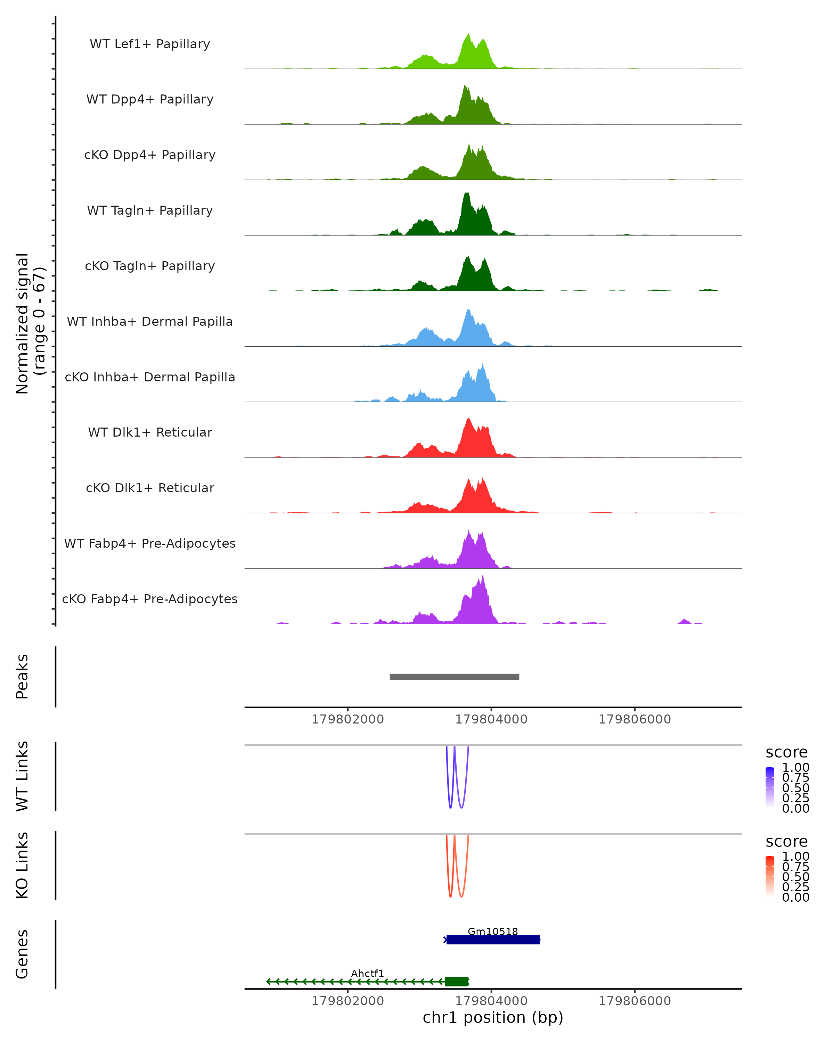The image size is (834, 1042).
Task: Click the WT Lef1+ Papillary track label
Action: (x=150, y=44)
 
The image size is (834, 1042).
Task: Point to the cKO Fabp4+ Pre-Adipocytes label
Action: (x=150, y=599)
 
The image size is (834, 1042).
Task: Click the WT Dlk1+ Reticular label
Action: (x=150, y=432)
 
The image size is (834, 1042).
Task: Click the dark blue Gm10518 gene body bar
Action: (x=493, y=940)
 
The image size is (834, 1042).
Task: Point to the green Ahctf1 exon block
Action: (x=456, y=982)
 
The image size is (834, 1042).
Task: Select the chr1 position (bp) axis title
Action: (x=493, y=1017)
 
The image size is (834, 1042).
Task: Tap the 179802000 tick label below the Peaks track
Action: (x=347, y=719)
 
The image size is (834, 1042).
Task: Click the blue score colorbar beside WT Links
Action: (x=770, y=787)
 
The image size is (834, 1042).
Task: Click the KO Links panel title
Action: (x=22, y=865)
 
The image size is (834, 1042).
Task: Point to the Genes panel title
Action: (x=22, y=954)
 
